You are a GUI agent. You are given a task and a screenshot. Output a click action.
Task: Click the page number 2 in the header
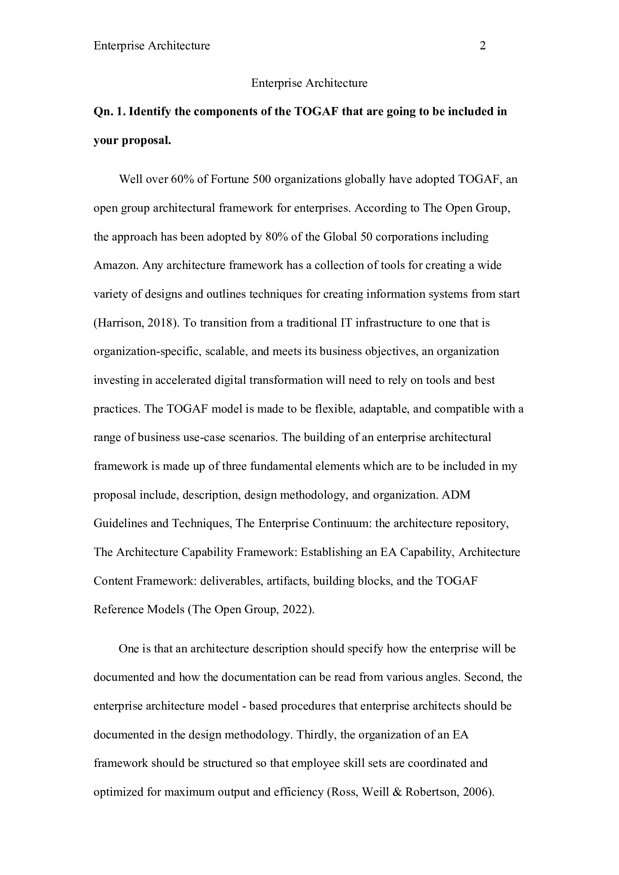pyautogui.click(x=482, y=46)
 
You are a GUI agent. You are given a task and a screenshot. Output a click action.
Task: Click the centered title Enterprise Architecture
pyautogui.click(x=309, y=83)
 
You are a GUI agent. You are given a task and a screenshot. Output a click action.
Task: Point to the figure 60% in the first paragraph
pyautogui.click(x=183, y=179)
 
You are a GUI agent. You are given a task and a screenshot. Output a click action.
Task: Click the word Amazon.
pyautogui.click(x=116, y=265)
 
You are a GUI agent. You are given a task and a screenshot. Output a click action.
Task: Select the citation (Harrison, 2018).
pyautogui.click(x=136, y=323)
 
